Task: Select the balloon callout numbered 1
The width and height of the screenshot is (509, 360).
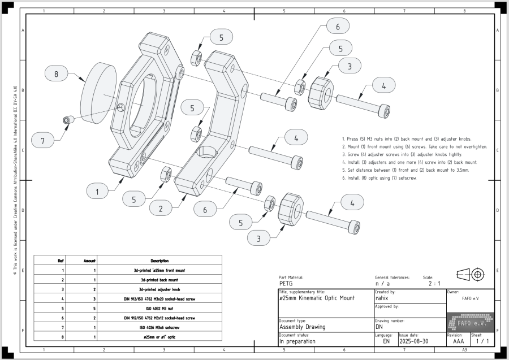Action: [98, 192]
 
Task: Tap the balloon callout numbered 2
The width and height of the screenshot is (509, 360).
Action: [161, 209]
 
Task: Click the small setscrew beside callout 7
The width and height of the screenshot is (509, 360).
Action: [67, 120]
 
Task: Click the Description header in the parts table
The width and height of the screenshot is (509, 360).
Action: [159, 261]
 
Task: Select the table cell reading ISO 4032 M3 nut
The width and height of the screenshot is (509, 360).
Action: [159, 308]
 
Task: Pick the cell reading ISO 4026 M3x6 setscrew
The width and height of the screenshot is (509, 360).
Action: [159, 327]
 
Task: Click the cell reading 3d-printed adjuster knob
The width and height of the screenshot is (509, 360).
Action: [159, 289]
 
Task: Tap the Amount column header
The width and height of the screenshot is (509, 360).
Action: [90, 261]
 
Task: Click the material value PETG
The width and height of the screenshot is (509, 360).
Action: [286, 284]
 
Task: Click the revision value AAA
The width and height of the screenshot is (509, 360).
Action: [458, 342]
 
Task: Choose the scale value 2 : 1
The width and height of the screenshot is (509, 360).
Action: [434, 284]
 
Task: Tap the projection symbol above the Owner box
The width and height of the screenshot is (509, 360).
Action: [471, 275]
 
